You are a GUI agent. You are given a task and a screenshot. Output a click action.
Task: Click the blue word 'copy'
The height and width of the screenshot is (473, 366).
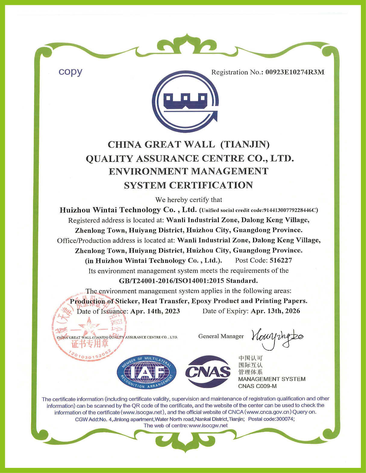(x=70, y=72)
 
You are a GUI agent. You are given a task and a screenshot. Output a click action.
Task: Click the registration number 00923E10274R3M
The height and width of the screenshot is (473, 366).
(x=295, y=72)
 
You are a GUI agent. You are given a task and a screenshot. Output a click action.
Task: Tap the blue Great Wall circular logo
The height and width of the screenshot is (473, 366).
(x=185, y=102)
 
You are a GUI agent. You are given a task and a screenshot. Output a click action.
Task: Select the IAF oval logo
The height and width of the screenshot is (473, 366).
(x=146, y=372)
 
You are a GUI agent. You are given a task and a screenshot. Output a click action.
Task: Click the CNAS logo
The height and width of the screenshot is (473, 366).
(x=208, y=372)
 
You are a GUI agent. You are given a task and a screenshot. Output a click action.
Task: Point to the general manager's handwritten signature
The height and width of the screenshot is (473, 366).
(x=277, y=337)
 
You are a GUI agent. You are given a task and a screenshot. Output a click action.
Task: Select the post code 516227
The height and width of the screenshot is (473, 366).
(x=281, y=260)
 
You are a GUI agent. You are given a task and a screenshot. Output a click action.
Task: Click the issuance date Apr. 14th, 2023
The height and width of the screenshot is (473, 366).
(x=155, y=311)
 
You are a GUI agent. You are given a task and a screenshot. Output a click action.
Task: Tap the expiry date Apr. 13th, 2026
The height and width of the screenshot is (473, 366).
(x=275, y=311)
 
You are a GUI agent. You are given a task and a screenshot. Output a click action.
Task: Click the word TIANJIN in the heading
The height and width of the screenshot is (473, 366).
(x=245, y=145)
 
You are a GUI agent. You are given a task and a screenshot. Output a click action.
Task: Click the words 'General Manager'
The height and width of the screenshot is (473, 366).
(x=221, y=336)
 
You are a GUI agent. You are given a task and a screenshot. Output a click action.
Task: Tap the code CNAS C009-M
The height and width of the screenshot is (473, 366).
(x=257, y=386)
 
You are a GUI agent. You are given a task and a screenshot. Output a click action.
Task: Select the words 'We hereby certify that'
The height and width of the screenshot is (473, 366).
(x=189, y=200)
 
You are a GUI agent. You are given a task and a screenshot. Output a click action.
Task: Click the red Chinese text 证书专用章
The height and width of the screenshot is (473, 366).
(x=90, y=343)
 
